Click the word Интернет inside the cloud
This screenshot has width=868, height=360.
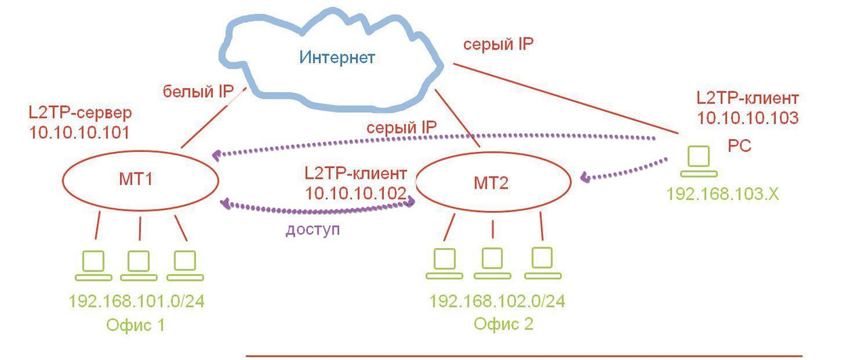[x=337, y=58]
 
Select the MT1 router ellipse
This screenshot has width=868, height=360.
[x=140, y=181]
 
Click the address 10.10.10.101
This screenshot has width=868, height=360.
[x=79, y=132]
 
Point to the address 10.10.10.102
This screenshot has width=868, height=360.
[x=355, y=193]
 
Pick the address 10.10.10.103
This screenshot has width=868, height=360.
[x=747, y=117]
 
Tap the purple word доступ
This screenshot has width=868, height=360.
[x=313, y=229]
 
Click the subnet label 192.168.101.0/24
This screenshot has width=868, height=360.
[x=136, y=300]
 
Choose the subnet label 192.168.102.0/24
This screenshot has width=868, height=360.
[x=497, y=300]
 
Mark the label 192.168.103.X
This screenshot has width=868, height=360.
[x=723, y=194]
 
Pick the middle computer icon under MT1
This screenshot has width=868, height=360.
[x=138, y=265]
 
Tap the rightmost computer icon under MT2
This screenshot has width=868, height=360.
[x=542, y=263]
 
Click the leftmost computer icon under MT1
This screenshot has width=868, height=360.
[x=93, y=265]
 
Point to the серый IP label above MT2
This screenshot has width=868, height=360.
[x=401, y=127]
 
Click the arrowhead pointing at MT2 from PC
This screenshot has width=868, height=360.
[x=585, y=178]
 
